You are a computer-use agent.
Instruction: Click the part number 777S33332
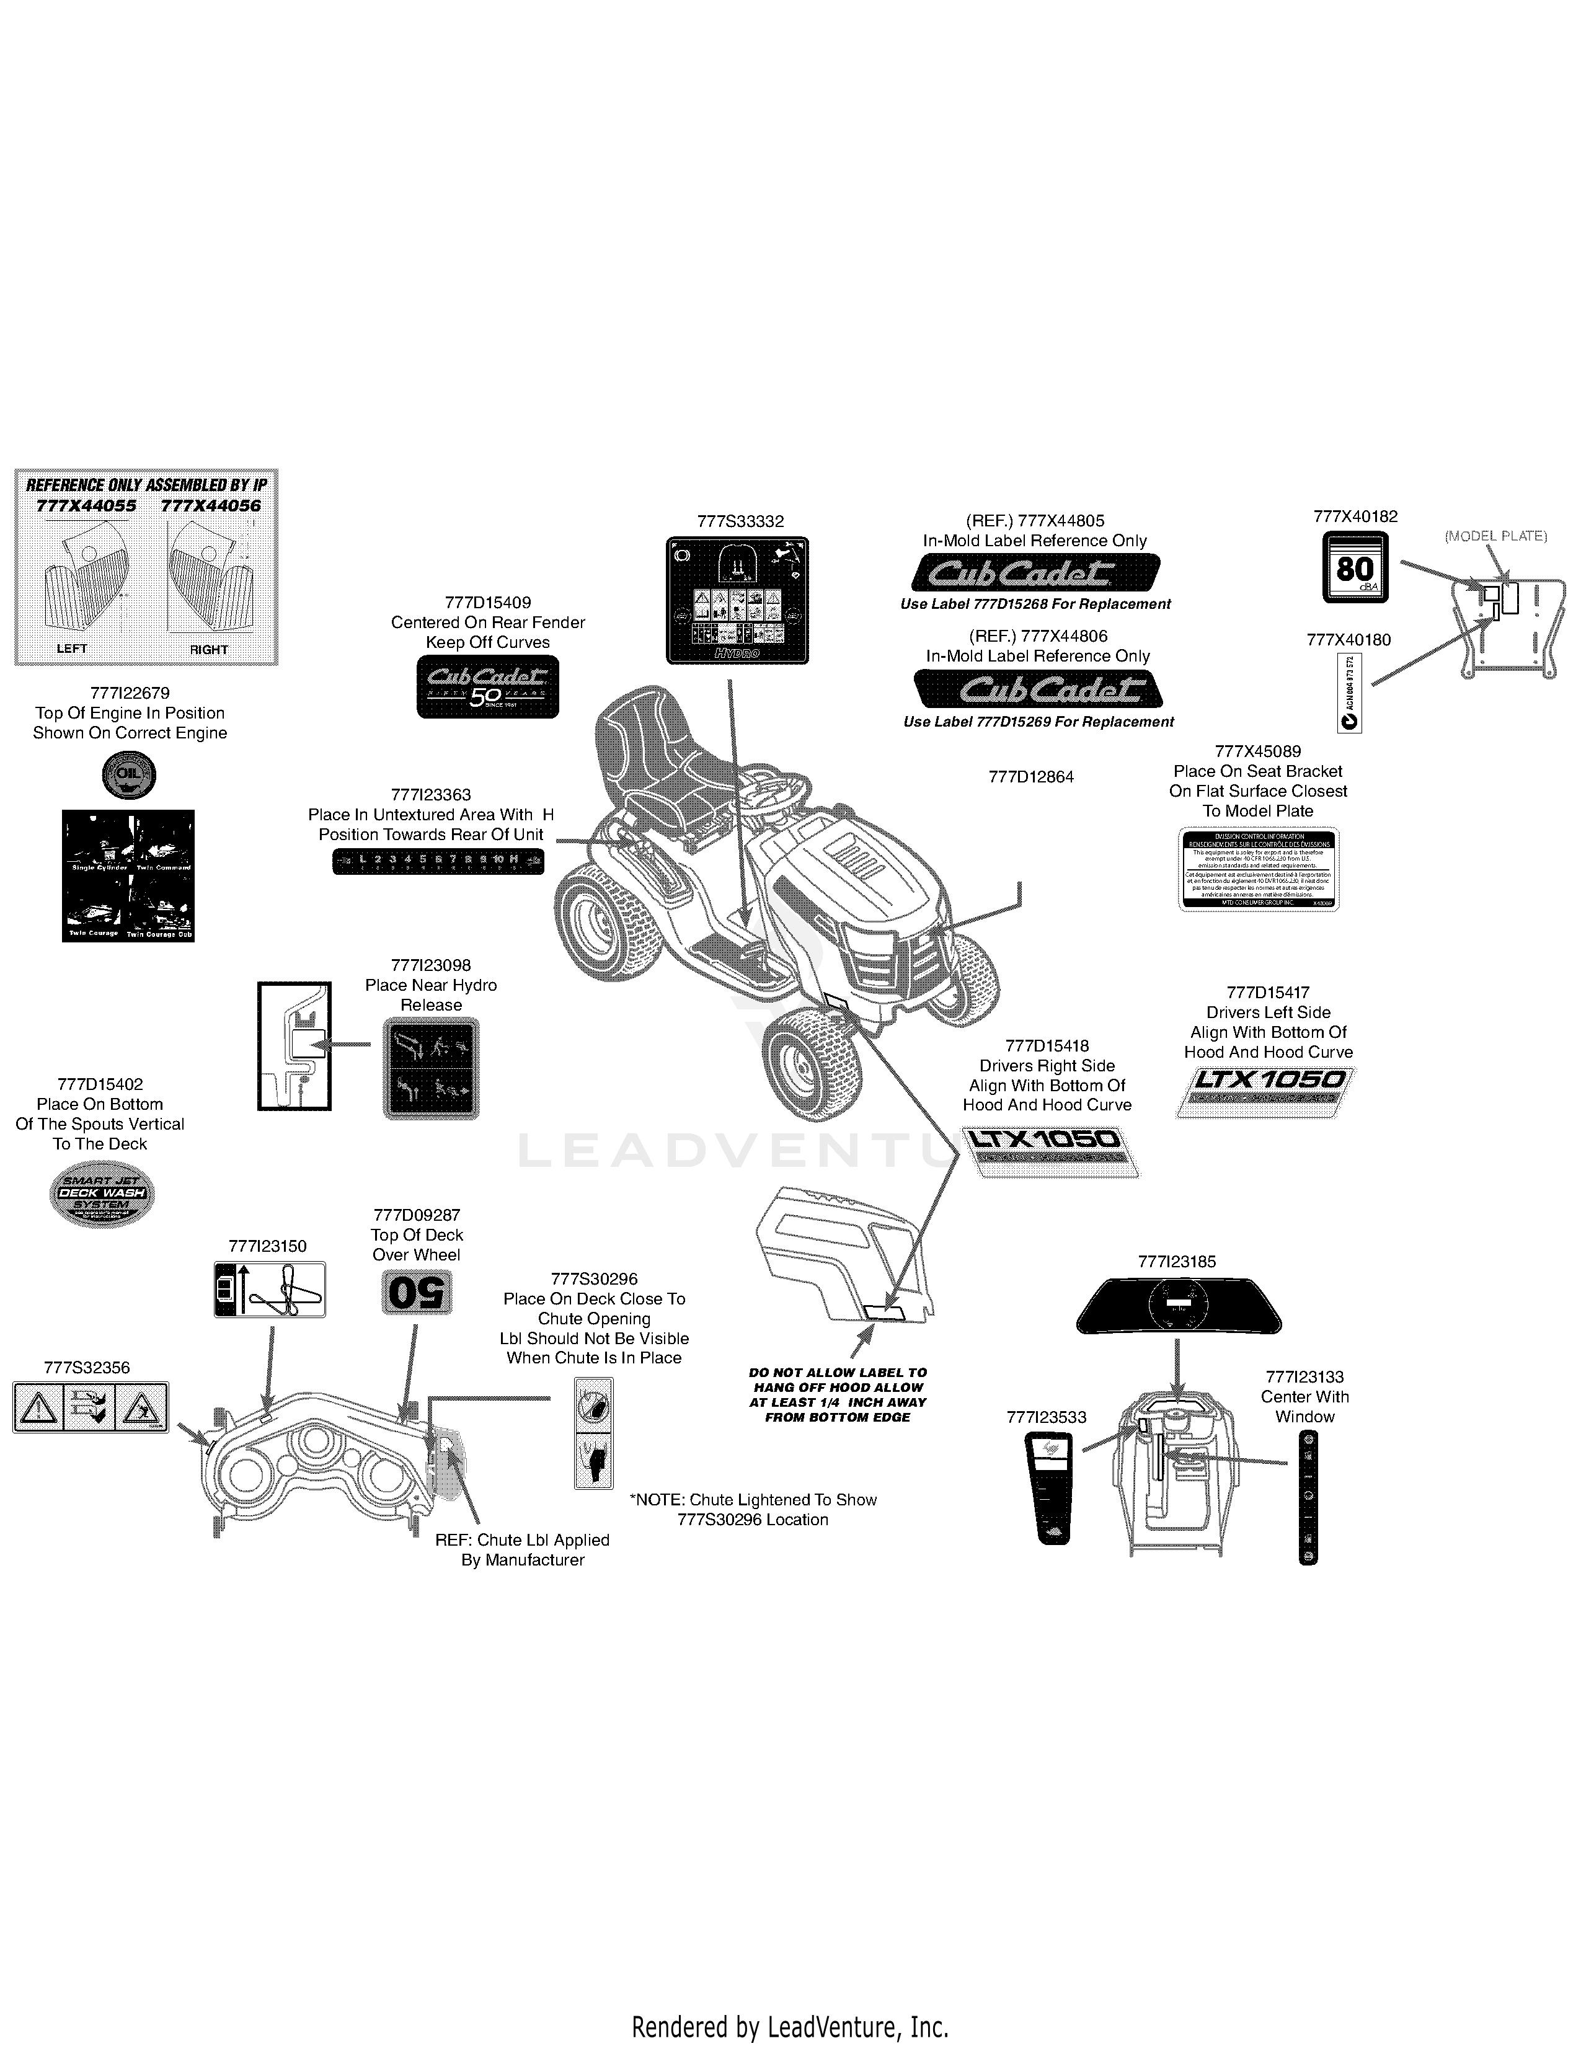tap(740, 522)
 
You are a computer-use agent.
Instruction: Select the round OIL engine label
tap(128, 775)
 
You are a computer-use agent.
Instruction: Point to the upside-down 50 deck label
tap(417, 1293)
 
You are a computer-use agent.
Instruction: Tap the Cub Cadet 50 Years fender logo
tap(487, 687)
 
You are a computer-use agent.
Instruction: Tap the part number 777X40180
tap(1348, 640)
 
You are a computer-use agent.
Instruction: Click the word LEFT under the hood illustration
tap(72, 649)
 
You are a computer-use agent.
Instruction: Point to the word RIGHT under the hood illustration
tap(209, 649)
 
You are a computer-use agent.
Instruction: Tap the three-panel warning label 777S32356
tap(91, 1407)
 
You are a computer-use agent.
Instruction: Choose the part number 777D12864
tap(1031, 777)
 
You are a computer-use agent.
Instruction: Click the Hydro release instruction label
tap(431, 1068)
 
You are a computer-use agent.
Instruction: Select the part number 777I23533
tap(1046, 1417)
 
